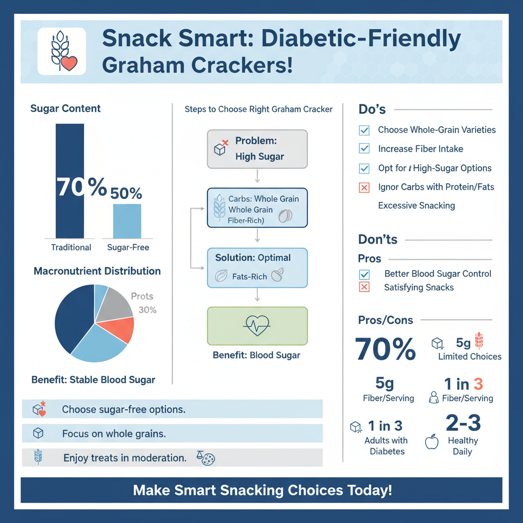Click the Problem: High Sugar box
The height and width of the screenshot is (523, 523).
(x=257, y=149)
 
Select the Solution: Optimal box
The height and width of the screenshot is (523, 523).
(x=257, y=268)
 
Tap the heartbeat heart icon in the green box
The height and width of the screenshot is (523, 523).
(x=257, y=326)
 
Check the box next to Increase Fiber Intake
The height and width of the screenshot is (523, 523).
(x=364, y=149)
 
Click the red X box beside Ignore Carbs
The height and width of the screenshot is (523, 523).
(x=364, y=187)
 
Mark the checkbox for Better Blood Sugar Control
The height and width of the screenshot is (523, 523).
(x=364, y=274)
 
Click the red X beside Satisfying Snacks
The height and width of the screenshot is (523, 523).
(x=364, y=288)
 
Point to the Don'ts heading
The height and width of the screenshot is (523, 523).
(x=378, y=240)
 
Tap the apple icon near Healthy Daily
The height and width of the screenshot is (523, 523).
(x=432, y=442)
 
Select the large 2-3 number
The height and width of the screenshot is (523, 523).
(x=463, y=423)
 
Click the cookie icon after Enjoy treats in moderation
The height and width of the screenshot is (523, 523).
(x=208, y=460)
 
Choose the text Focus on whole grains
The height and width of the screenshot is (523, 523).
(x=114, y=434)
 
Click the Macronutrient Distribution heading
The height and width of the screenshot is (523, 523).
(x=97, y=271)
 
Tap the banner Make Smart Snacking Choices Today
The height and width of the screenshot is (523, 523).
(x=261, y=490)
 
